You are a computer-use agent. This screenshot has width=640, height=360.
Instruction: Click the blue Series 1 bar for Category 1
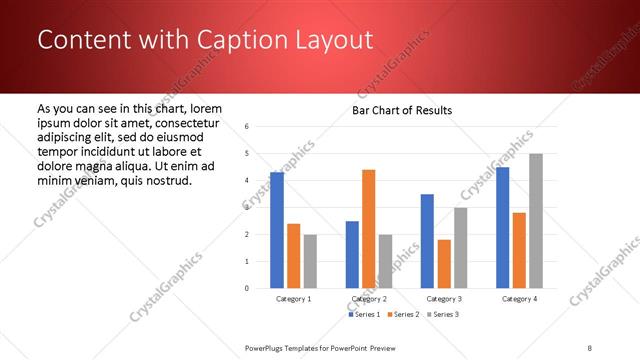[x=277, y=230]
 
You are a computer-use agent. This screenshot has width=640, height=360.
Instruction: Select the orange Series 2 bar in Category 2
[x=368, y=229]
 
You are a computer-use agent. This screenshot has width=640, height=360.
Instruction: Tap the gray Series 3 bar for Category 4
[x=536, y=221]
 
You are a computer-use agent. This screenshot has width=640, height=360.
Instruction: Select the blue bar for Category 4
[x=502, y=228]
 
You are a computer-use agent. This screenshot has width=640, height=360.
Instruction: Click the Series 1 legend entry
[x=364, y=315]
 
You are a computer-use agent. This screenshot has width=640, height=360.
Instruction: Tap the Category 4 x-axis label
[x=519, y=299]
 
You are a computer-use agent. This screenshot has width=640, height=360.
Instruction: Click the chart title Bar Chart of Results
[x=402, y=110]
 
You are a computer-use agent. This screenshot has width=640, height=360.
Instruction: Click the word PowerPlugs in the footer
[x=267, y=347]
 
